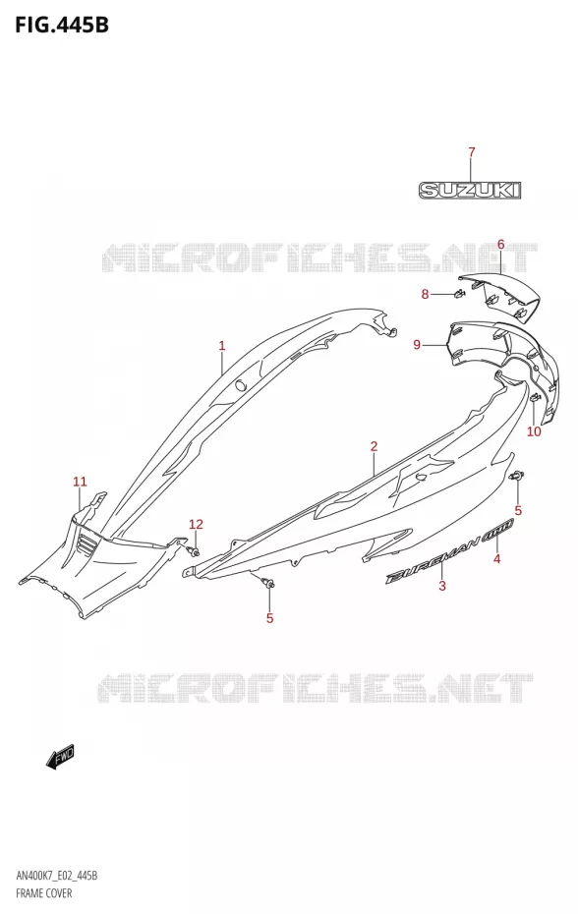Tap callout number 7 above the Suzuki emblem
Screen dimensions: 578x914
pos(471,152)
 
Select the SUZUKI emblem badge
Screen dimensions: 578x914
pos(470,190)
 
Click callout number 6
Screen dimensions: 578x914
pos(500,245)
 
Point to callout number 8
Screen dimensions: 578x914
pos(426,294)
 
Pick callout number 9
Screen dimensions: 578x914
pos(417,345)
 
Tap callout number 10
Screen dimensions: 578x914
pos(534,431)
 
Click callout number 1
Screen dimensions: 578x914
pos(221,346)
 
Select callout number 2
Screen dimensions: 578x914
pos(374,446)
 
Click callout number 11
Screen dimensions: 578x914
pos(80,482)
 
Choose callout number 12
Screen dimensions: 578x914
pos(196,524)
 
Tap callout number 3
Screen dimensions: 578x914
pos(442,586)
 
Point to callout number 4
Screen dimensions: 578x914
pos(496,559)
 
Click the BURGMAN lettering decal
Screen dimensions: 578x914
pos(433,558)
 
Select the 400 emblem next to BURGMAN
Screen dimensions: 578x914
pos(497,529)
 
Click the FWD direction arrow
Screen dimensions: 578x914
pos(60,757)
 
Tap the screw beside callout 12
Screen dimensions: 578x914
pos(192,550)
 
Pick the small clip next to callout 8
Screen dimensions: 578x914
pos(459,293)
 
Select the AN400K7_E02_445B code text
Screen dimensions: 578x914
pos(57,876)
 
